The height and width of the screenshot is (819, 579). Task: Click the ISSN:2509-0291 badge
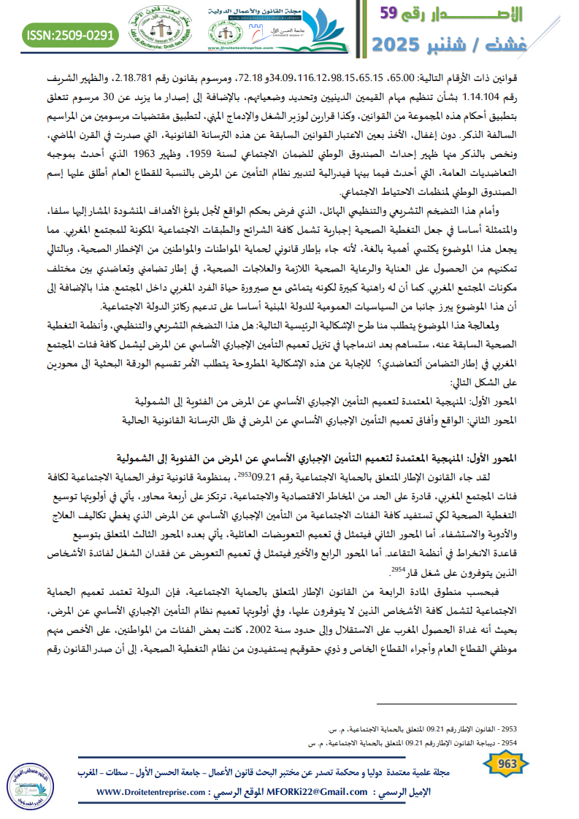[70, 34]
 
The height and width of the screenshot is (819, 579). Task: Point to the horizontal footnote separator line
[446, 704]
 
